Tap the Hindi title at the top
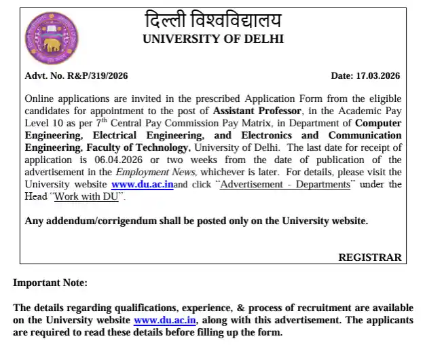(213, 20)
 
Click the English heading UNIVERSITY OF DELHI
(213, 39)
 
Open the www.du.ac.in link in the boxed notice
(142, 184)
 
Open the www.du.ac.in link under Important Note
(165, 320)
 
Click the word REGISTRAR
(369, 257)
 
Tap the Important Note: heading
(50, 283)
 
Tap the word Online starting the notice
(39, 98)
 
